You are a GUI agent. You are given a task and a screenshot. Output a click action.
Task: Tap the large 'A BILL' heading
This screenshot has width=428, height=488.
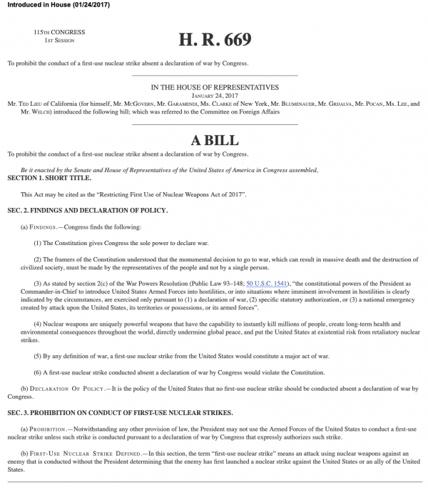point(214,140)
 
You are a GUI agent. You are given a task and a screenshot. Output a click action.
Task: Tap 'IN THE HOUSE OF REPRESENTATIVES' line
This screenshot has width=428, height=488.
point(214,87)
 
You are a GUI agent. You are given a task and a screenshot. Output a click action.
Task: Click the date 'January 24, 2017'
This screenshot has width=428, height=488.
point(214,95)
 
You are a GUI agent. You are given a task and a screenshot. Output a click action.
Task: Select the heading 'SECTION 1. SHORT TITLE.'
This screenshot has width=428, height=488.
point(49,176)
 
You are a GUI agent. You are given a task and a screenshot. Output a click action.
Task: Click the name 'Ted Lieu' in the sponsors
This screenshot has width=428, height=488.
point(33,104)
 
